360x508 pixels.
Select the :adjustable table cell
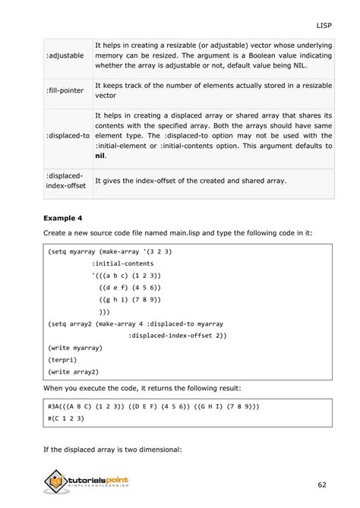tap(66, 56)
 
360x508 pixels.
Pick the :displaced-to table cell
tap(68, 135)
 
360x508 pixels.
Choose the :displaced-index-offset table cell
tap(66, 181)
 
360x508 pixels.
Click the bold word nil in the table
tap(99, 156)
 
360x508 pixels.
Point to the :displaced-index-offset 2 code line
tap(178, 335)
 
